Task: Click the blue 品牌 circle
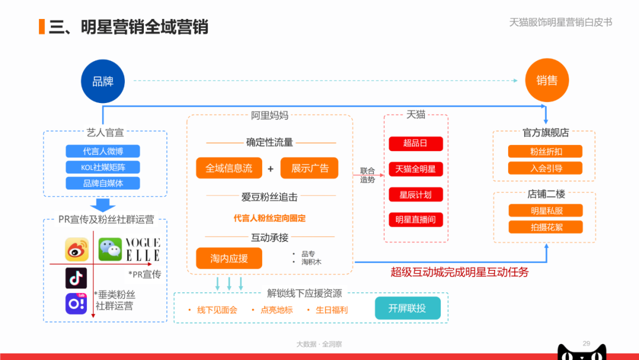(103, 81)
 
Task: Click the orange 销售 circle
(547, 81)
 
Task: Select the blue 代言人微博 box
(103, 151)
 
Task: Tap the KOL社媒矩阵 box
(103, 167)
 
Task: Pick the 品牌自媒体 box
(103, 183)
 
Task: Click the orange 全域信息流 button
(229, 168)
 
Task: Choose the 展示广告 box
(309, 168)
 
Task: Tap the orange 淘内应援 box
(229, 258)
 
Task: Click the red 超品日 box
(416, 143)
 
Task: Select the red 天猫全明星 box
(416, 169)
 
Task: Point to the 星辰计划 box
(416, 194)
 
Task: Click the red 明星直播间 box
(416, 220)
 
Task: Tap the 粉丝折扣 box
(546, 151)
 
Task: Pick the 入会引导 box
(546, 168)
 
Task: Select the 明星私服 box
(546, 211)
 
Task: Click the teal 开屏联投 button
(408, 308)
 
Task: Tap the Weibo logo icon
(76, 249)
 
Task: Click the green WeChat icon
(110, 249)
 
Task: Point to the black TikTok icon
(76, 278)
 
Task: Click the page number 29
(586, 343)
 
